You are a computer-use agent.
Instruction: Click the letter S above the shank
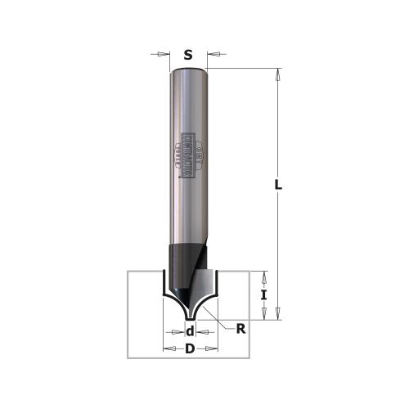188,56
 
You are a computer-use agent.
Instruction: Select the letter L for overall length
279,187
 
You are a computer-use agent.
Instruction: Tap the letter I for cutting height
263,294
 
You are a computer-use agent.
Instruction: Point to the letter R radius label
241,330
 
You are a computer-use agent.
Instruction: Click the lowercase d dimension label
190,331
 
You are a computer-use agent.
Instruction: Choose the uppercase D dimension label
190,349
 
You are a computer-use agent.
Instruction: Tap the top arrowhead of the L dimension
279,74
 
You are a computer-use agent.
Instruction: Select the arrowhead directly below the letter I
263,312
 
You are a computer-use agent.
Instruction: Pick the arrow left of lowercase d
174,332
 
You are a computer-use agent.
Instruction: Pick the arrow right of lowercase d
205,332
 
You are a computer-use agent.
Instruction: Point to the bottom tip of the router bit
189,317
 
